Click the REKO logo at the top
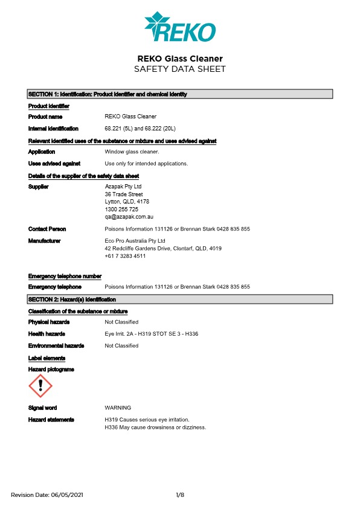coord(180,28)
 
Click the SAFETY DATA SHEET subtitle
coord(180,69)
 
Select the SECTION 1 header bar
coord(180,94)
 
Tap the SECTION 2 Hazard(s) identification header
coord(180,299)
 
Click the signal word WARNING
coord(118,408)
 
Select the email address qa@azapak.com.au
coord(130,216)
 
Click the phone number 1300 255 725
coord(121,209)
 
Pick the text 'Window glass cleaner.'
coord(132,152)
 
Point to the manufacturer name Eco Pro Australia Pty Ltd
coord(135,241)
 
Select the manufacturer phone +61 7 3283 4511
coord(125,256)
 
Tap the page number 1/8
coord(180,495)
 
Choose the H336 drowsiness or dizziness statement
coord(155,427)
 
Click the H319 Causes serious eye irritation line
coord(147,420)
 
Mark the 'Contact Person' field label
coord(47,229)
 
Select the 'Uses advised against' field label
coord(54,164)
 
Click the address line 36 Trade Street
coord(124,194)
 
